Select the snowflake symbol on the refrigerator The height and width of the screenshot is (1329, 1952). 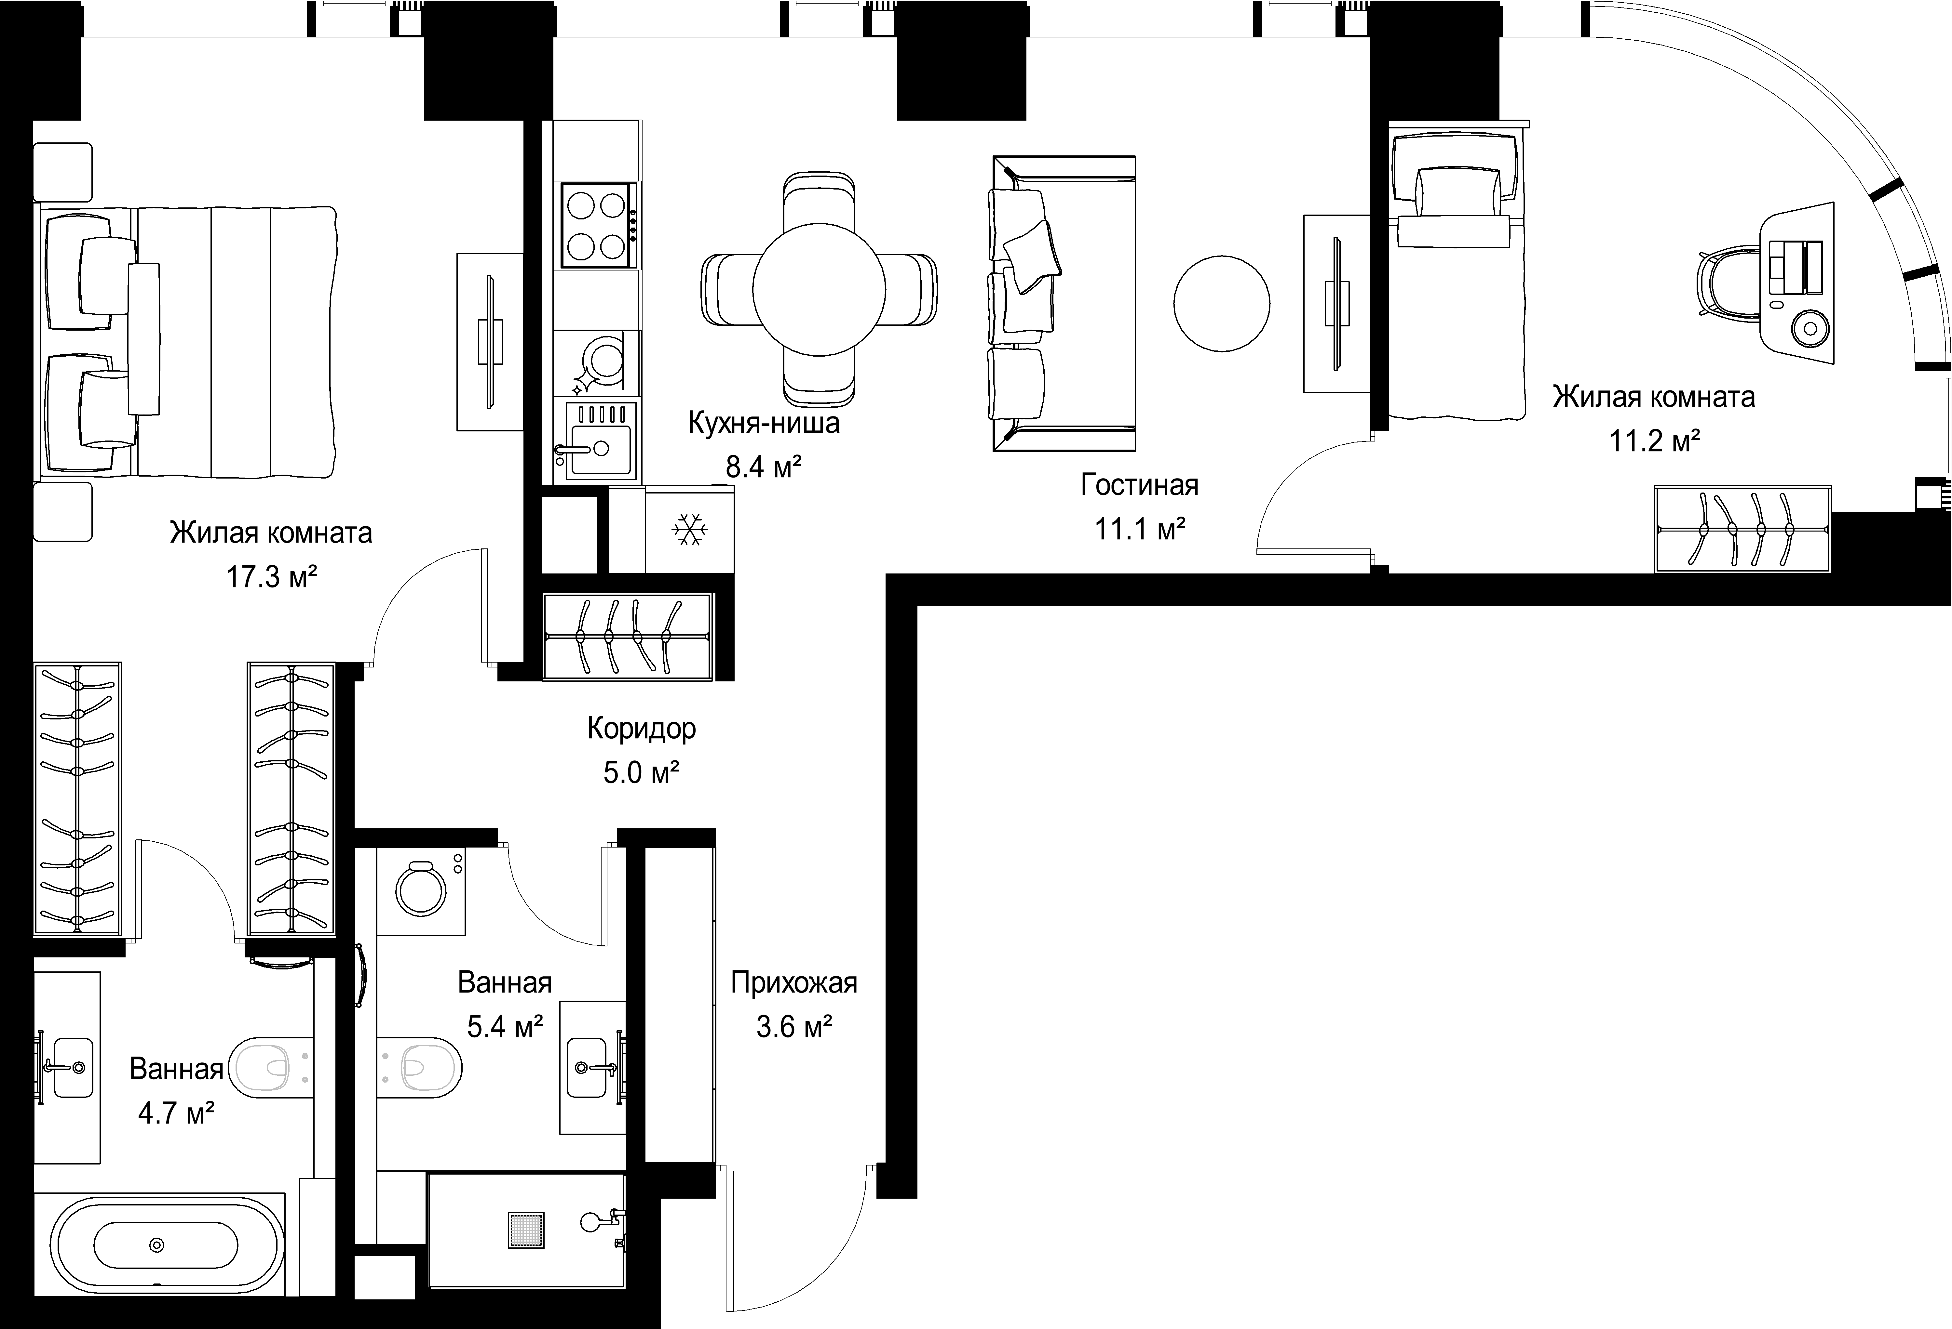(x=690, y=530)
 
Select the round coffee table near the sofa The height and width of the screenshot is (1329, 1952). (x=1221, y=303)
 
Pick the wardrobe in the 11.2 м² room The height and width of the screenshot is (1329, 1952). (x=1743, y=529)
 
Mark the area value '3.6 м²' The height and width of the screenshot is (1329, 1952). (x=794, y=1026)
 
